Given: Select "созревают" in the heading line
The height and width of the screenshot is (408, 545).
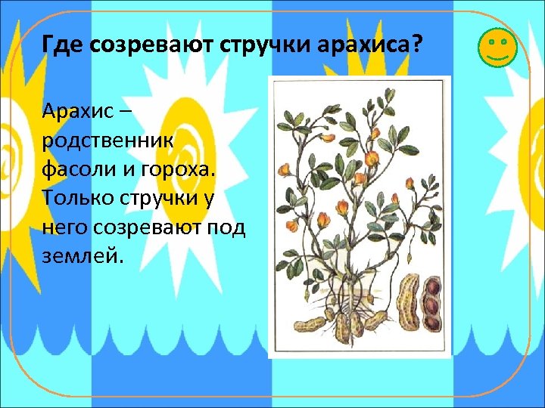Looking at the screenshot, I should (151, 45).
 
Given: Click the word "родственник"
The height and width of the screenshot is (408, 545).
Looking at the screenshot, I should (107, 141).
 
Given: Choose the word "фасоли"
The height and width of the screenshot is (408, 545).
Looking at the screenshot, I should (79, 170).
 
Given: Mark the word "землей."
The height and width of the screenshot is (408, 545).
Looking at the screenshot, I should (80, 255).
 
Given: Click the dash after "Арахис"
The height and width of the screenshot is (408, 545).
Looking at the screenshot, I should (125, 113).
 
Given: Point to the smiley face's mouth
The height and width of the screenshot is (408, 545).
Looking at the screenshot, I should (497, 56).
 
